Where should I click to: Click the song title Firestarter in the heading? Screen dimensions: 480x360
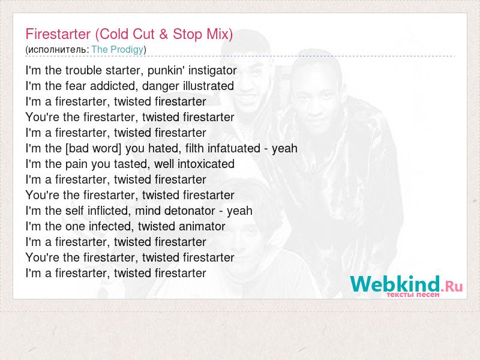(58, 34)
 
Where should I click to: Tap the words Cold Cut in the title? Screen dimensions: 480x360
(127, 34)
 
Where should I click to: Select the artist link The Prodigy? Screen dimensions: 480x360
(118, 50)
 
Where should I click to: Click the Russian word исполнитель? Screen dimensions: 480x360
(57, 50)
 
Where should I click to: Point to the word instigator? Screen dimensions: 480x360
(212, 71)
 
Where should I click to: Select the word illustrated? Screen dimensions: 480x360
(208, 86)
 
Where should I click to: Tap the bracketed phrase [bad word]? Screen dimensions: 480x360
(94, 148)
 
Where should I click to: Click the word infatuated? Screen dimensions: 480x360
(234, 148)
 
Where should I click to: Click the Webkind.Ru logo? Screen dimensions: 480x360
(406, 284)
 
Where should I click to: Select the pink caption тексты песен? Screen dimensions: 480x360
(413, 295)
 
